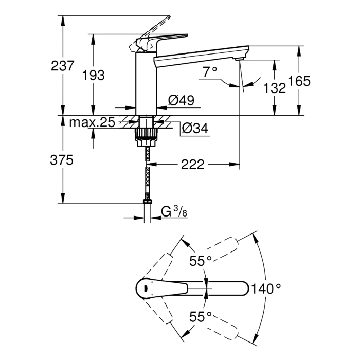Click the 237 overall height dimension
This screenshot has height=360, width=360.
(x=63, y=66)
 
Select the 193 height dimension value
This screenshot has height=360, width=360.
(x=94, y=75)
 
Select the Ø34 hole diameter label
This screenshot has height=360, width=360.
(x=195, y=129)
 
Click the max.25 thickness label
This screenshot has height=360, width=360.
(x=92, y=123)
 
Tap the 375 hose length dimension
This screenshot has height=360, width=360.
(x=63, y=160)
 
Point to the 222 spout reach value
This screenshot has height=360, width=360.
(x=193, y=165)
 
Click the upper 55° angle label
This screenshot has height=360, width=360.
(x=200, y=261)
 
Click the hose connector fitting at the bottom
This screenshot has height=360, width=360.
(x=147, y=202)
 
